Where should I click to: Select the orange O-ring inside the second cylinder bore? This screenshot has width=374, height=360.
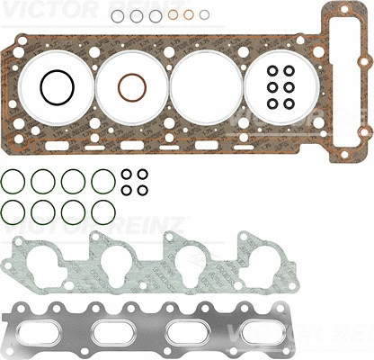point(132,88)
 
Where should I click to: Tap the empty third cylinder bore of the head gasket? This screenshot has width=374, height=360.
point(207,86)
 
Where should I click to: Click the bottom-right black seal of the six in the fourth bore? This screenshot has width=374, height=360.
point(288,103)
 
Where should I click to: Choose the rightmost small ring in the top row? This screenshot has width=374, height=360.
point(205,14)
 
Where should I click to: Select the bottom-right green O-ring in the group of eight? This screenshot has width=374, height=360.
point(102,213)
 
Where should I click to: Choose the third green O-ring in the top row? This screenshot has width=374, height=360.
point(74,181)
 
